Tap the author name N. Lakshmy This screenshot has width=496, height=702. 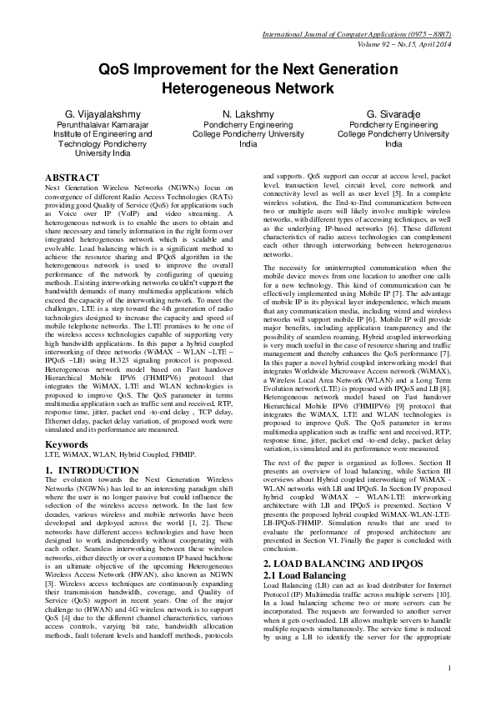tap(248, 113)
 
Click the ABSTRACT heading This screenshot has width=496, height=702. tap(69, 178)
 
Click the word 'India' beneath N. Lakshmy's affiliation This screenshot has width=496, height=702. tap(248, 143)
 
